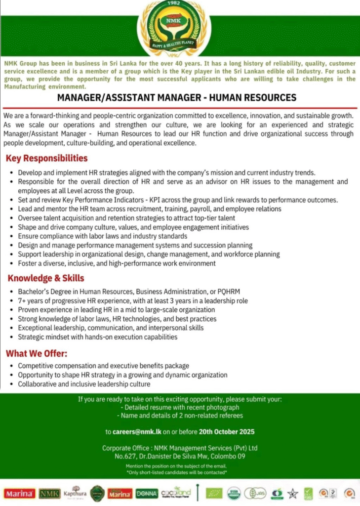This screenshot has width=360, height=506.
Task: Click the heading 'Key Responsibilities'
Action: click(x=46, y=159)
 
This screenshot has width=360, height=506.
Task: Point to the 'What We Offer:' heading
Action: click(x=36, y=354)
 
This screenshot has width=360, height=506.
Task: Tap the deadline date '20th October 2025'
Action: click(x=227, y=431)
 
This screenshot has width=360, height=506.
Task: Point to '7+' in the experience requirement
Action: click(x=22, y=300)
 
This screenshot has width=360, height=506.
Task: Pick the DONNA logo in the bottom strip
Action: click(x=148, y=493)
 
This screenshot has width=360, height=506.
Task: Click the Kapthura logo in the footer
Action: click(x=75, y=492)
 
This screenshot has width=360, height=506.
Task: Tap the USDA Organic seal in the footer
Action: click(x=233, y=493)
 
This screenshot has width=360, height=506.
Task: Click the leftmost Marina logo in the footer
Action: click(x=19, y=493)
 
